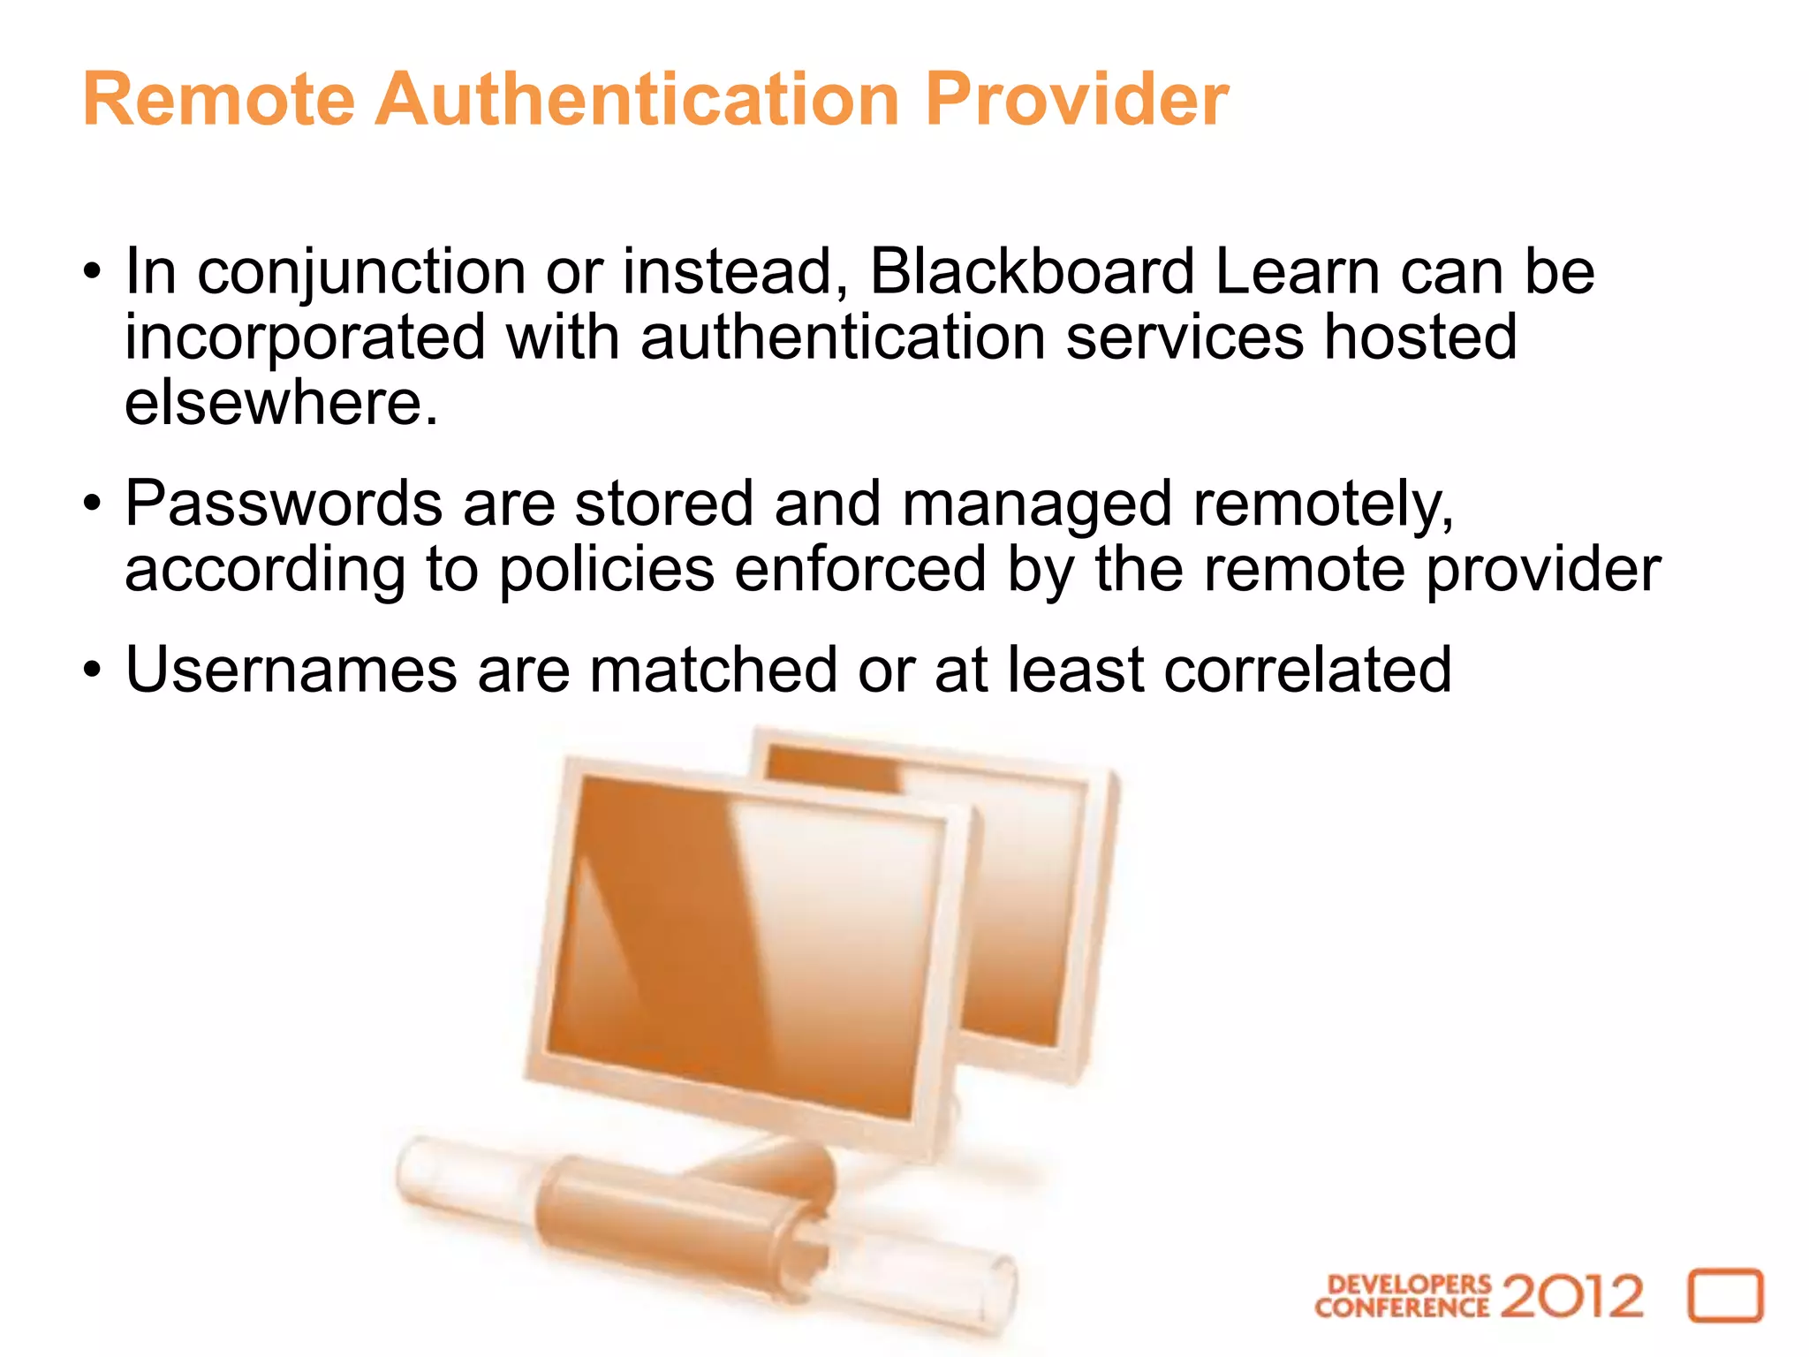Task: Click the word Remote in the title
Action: point(218,100)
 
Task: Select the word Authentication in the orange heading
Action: point(639,100)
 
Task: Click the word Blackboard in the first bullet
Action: point(1031,271)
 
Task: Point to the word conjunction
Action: point(361,273)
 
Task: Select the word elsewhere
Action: point(280,403)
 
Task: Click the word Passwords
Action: point(284,504)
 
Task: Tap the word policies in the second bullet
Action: point(606,570)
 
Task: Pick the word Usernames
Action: point(291,670)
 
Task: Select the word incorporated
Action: point(305,337)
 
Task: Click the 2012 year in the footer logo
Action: point(1571,1296)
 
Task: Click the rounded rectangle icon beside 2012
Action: point(1725,1296)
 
